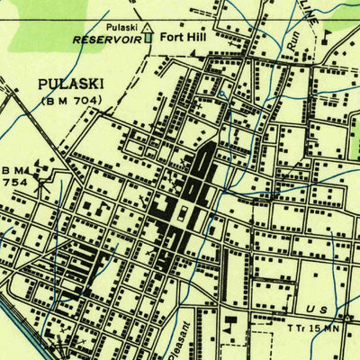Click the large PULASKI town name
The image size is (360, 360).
pyautogui.click(x=72, y=84)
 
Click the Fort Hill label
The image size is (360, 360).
pyautogui.click(x=182, y=39)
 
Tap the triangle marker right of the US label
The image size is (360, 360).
pyautogui.click(x=349, y=318)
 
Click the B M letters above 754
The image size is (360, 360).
pyautogui.click(x=13, y=170)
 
